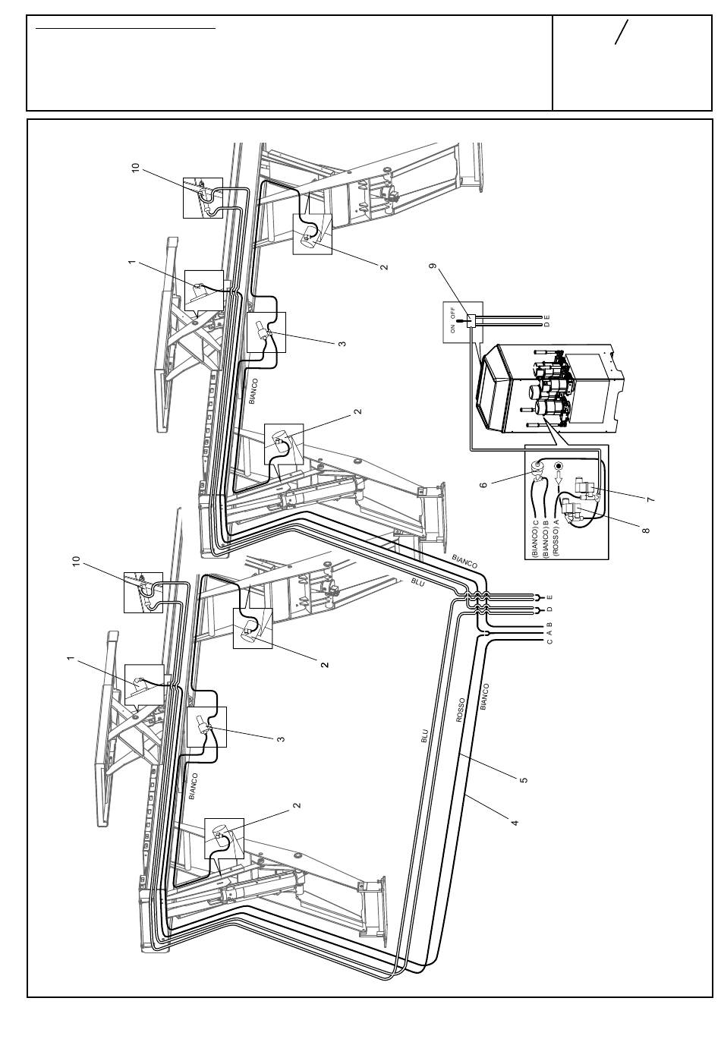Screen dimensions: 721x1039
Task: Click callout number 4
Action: pos(514,823)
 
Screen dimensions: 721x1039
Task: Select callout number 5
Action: pos(524,779)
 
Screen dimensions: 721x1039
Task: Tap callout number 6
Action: pos(483,485)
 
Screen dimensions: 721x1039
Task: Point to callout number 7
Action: pos(650,499)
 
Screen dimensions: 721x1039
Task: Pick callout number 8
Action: pos(646,529)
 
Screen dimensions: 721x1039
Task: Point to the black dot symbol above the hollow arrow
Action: pos(559,465)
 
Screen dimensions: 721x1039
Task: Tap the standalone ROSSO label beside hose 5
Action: pos(460,710)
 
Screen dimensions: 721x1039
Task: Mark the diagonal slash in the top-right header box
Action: pos(622,32)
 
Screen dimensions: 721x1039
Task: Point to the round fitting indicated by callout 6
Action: pos(538,466)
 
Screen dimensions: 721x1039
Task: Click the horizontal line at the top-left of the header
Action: pos(126,28)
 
